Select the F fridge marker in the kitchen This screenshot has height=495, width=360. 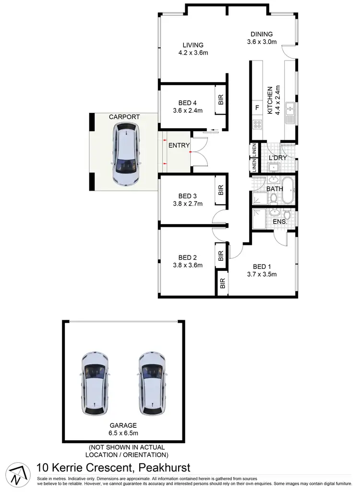click(x=257, y=108)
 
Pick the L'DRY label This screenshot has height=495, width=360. click(x=277, y=157)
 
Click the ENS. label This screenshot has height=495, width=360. click(x=280, y=222)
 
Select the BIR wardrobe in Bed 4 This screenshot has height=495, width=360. click(x=221, y=100)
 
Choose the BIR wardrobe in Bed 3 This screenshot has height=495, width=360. click(x=221, y=190)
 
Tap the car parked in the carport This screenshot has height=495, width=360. click(x=126, y=154)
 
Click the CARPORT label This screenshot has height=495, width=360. click(x=124, y=117)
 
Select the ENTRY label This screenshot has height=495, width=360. click(x=179, y=145)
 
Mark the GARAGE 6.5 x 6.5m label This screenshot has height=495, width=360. click(x=123, y=429)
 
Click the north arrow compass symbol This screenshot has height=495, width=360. click(x=17, y=475)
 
